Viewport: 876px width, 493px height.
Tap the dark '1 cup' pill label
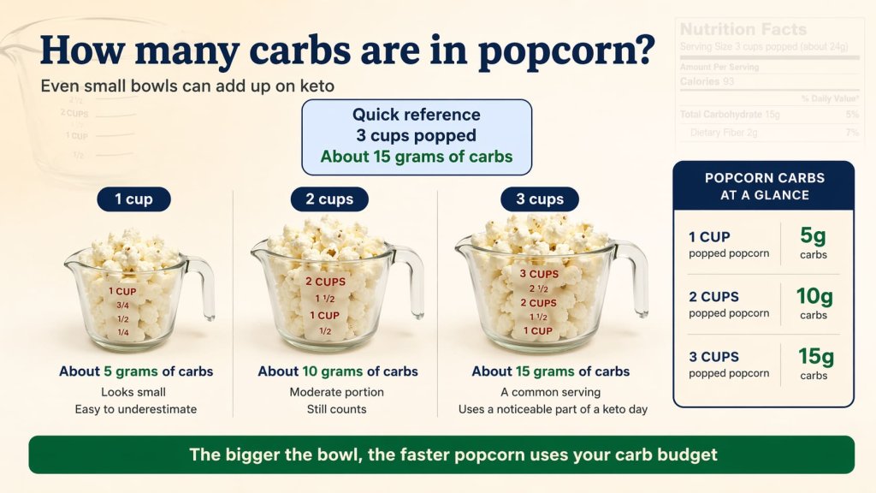[x=133, y=199]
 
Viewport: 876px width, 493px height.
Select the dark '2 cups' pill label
[x=329, y=199]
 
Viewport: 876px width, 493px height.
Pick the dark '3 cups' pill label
[x=540, y=199]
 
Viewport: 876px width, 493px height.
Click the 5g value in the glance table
[x=813, y=237]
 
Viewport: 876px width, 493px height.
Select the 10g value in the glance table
[x=814, y=297]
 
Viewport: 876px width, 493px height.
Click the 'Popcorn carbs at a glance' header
[x=764, y=187]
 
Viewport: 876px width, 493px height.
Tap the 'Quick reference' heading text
[x=417, y=115]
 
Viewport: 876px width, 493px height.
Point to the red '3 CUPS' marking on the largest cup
[x=539, y=274]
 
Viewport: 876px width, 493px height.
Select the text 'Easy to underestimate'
[x=136, y=409]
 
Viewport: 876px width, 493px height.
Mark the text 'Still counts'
[x=337, y=409]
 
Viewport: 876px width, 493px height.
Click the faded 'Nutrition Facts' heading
[x=743, y=29]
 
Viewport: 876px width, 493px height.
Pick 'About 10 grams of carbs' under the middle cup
[x=338, y=371]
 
